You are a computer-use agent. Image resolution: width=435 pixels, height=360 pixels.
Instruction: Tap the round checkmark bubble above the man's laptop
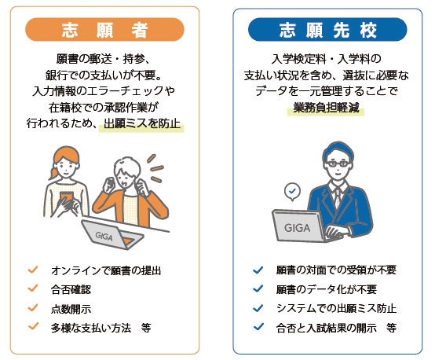[x=292, y=191]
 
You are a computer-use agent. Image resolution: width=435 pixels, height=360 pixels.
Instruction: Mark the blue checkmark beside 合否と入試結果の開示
[x=258, y=326]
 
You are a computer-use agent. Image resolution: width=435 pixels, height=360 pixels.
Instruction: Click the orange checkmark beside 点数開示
[x=34, y=307]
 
